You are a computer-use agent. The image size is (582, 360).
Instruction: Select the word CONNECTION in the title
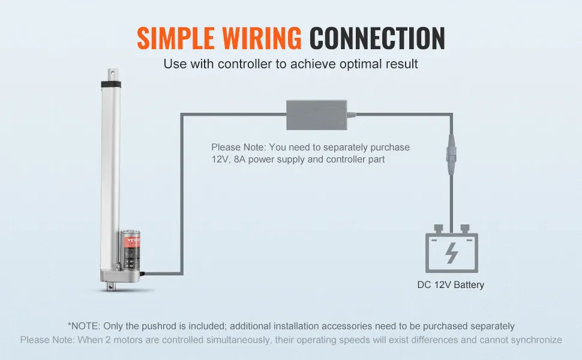(377, 38)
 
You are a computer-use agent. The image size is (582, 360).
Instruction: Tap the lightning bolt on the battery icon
(452, 253)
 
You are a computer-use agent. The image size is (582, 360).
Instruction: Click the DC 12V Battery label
(451, 285)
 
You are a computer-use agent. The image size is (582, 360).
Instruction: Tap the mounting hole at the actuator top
(111, 74)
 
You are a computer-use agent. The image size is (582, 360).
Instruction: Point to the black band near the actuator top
(111, 88)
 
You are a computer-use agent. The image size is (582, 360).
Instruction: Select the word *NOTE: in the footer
(84, 326)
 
